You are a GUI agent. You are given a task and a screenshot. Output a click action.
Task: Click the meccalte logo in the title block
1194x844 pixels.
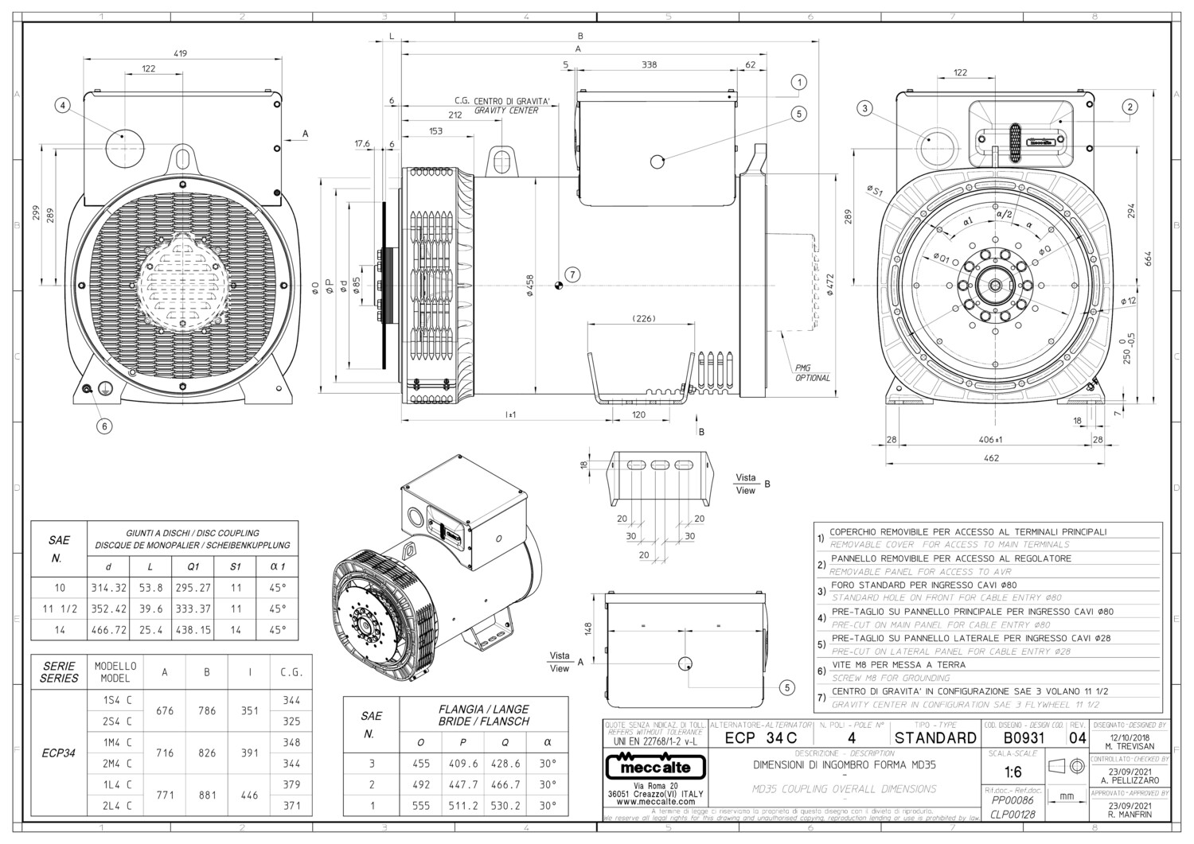(x=655, y=768)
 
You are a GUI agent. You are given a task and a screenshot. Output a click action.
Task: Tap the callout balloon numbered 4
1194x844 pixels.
(x=63, y=104)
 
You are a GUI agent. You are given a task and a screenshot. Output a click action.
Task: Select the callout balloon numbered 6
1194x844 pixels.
(x=104, y=426)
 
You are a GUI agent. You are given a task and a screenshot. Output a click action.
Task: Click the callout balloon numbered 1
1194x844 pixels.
(x=799, y=82)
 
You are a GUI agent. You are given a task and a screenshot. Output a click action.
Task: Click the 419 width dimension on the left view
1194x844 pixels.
(x=180, y=53)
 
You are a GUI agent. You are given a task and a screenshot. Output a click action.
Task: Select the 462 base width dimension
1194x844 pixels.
(x=991, y=458)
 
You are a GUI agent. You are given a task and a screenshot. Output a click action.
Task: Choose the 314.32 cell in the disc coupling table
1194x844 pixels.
(x=109, y=588)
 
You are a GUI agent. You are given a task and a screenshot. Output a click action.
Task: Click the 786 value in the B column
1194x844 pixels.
(x=207, y=710)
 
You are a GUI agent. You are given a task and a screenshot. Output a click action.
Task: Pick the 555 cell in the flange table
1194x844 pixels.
(x=421, y=805)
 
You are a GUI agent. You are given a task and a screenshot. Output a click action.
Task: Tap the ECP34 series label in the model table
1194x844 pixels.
(x=59, y=753)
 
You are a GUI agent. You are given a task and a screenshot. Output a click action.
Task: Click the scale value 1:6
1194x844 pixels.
(x=1013, y=772)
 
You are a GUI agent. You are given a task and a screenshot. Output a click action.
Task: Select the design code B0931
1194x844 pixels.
(x=1023, y=737)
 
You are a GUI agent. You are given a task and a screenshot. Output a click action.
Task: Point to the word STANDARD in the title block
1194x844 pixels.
(x=935, y=737)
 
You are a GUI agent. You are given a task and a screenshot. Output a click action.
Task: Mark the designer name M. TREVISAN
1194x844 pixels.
(x=1130, y=746)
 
